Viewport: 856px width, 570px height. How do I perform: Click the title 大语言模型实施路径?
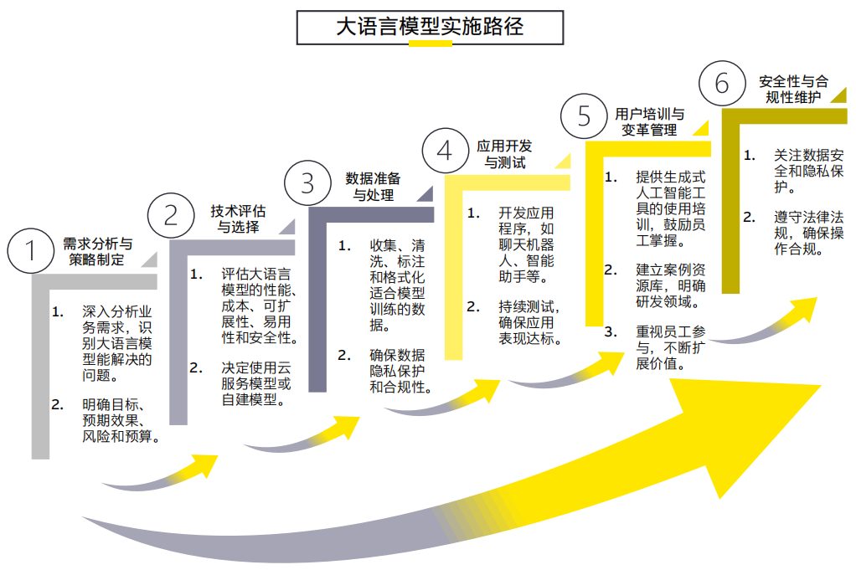(430, 26)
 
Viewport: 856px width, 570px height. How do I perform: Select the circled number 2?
(171, 216)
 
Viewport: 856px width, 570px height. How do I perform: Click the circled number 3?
(307, 182)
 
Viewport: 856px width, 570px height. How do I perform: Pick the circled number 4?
(446, 151)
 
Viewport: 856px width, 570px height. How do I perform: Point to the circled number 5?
(584, 116)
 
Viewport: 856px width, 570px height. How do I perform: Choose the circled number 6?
(722, 84)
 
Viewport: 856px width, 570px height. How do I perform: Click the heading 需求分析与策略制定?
(98, 251)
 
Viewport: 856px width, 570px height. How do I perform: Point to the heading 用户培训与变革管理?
(650, 121)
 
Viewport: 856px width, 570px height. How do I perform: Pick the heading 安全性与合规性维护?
(792, 90)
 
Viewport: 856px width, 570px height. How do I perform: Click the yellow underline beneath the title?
(430, 44)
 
